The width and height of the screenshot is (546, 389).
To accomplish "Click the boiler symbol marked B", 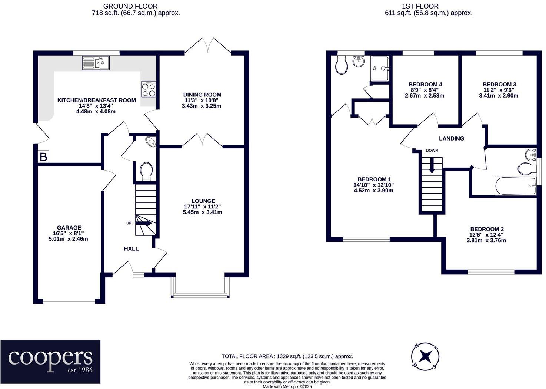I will (x=43, y=157).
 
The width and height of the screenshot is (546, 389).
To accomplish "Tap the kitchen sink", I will (x=96, y=63).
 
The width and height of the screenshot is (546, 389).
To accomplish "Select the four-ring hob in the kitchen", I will (x=149, y=89).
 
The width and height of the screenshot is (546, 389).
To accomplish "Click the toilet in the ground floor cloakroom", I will (x=146, y=171).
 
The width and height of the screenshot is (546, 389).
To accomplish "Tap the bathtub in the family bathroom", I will (x=515, y=186).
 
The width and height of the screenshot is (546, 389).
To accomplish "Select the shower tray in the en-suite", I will (x=380, y=68).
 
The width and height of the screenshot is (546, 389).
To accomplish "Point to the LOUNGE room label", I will (x=203, y=201).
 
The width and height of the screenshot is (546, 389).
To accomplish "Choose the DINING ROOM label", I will (x=202, y=95).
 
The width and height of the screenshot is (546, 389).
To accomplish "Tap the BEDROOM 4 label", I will (x=425, y=84).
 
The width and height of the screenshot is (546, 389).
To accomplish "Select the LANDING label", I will (x=451, y=138).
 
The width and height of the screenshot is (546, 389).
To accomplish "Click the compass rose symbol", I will (x=425, y=356).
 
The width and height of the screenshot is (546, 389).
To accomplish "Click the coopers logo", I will (x=50, y=362).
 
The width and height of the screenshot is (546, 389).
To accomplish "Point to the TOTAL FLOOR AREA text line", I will (x=287, y=356).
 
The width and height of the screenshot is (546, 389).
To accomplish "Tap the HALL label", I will (x=131, y=248).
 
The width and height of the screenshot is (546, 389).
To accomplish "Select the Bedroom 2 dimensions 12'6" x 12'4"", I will (x=486, y=235).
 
